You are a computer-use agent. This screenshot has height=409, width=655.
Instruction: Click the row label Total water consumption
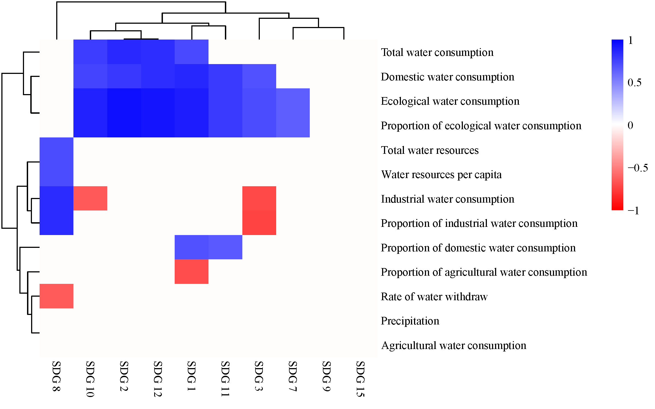coord(437,52)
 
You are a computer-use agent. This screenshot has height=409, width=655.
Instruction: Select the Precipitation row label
coord(410,321)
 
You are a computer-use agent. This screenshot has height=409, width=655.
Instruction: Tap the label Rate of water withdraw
coord(434,297)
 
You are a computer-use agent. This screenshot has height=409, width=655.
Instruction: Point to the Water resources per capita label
coord(441,175)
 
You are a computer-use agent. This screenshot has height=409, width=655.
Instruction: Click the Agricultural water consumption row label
coord(453,345)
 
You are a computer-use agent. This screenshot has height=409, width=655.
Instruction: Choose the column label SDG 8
coord(56,376)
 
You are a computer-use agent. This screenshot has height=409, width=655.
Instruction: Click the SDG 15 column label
coord(360,379)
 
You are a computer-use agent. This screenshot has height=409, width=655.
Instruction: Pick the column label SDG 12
coord(158,379)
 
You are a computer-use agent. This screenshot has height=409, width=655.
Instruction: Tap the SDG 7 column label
coord(293,376)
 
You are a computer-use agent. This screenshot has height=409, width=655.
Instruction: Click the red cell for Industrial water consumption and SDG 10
coord(90,198)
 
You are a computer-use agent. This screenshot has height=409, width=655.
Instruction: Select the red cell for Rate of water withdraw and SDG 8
coord(56,296)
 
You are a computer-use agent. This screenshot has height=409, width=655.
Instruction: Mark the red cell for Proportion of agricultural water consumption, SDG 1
coord(192,272)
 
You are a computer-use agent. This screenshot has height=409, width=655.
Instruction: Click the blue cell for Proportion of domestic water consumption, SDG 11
coord(225,247)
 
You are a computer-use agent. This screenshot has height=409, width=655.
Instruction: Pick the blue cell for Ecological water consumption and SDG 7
coord(293,101)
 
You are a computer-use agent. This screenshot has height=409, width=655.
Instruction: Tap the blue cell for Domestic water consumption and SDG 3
coord(259,76)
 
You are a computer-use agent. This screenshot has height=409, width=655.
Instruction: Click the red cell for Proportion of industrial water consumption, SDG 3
coord(259,223)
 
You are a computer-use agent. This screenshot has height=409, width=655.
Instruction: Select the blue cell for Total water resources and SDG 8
coord(56,149)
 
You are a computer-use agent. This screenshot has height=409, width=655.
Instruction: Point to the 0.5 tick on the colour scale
coord(634,83)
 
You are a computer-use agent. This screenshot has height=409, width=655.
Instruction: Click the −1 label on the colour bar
coord(633,211)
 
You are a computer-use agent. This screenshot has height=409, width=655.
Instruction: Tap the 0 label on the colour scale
coord(630,125)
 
